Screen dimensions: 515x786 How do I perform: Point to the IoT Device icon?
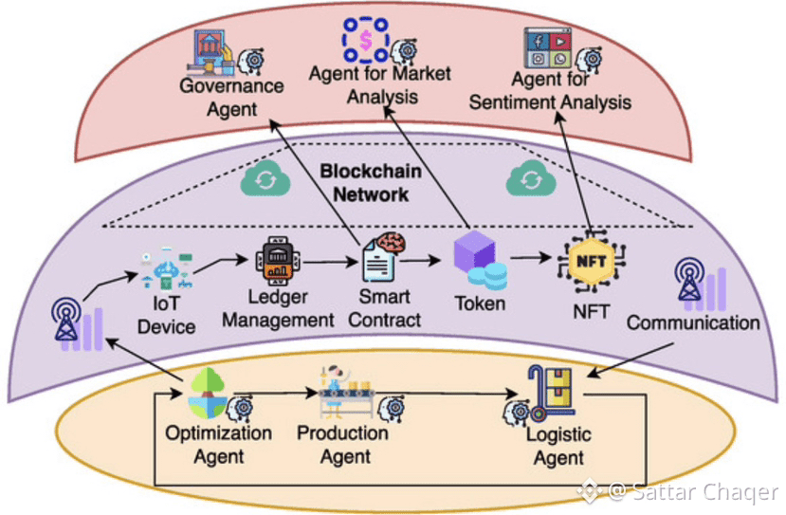167,268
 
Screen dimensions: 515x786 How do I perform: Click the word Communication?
693,322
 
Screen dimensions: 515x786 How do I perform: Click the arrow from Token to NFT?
532,256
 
